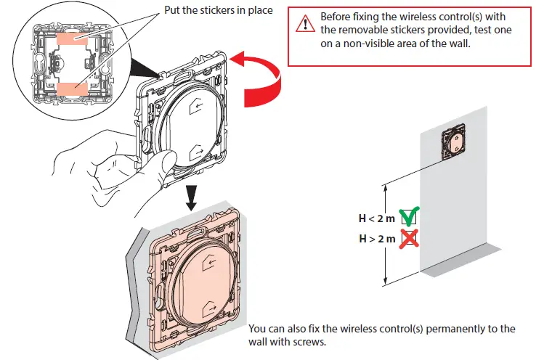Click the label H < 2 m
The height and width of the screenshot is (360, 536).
point(376,217)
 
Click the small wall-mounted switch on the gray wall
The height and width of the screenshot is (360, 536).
point(455,140)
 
